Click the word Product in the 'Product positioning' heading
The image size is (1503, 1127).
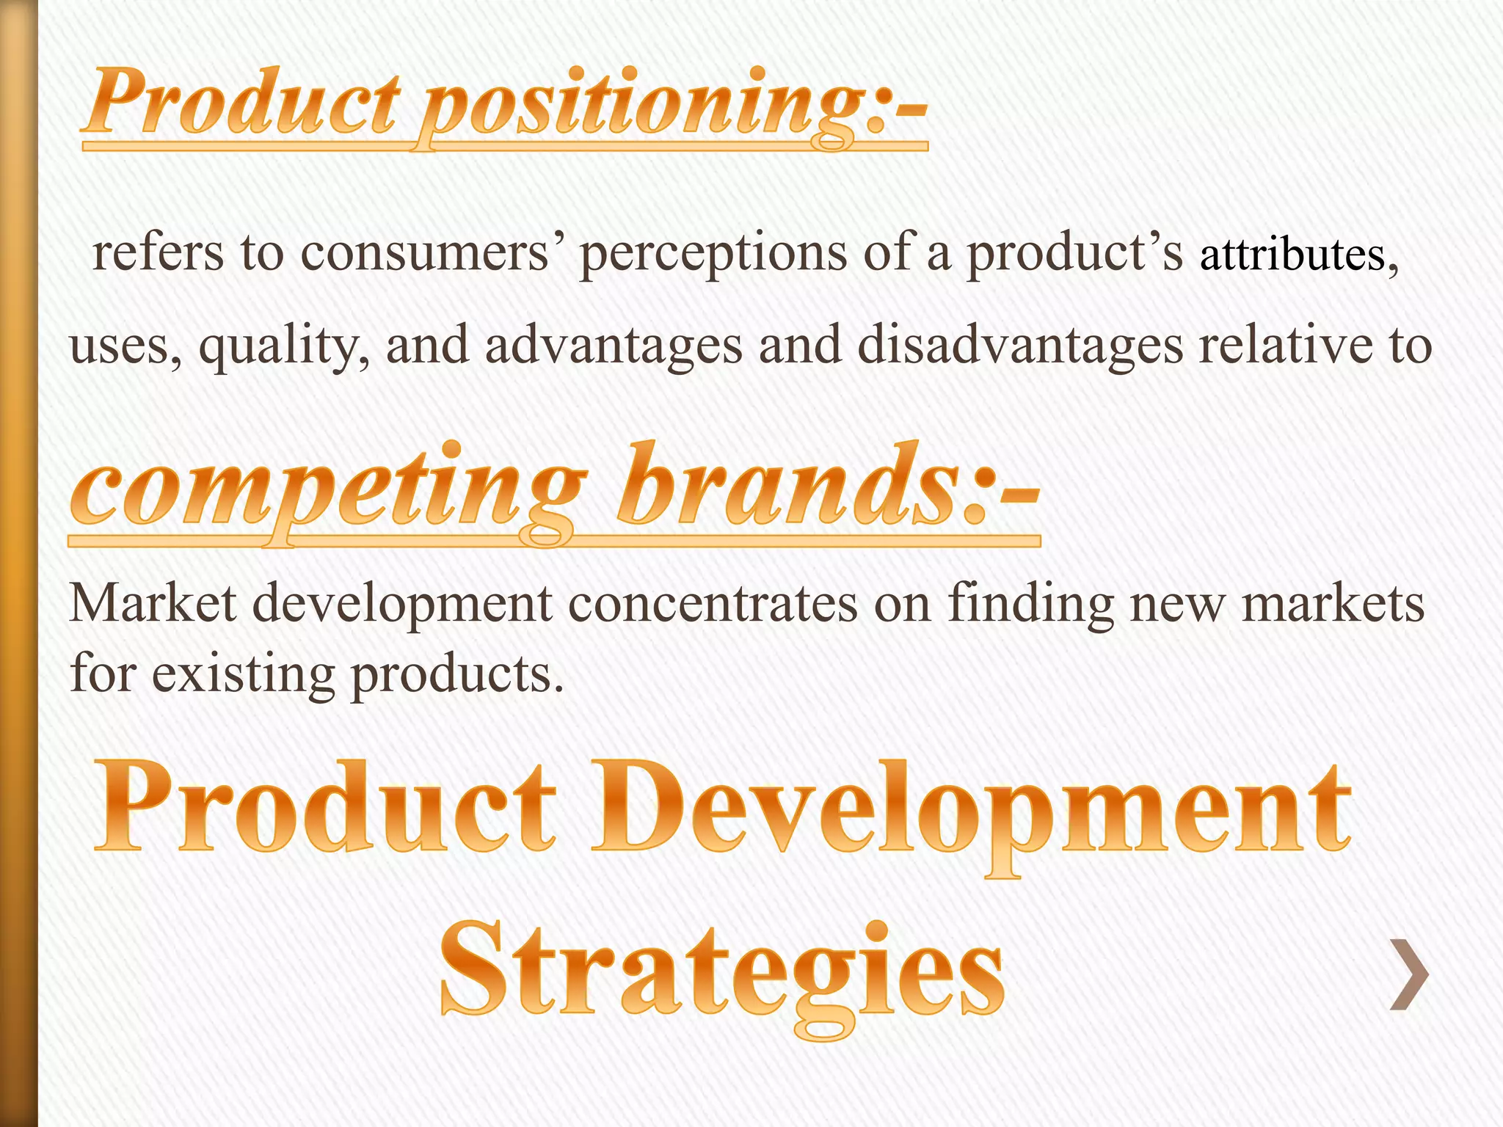click(242, 103)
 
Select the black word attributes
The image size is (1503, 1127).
click(1292, 255)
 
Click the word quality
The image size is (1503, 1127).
click(283, 346)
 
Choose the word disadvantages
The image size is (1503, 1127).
click(1020, 346)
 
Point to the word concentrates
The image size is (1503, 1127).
click(712, 603)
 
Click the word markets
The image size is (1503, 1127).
click(1332, 603)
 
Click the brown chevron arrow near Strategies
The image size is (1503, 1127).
click(1410, 974)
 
